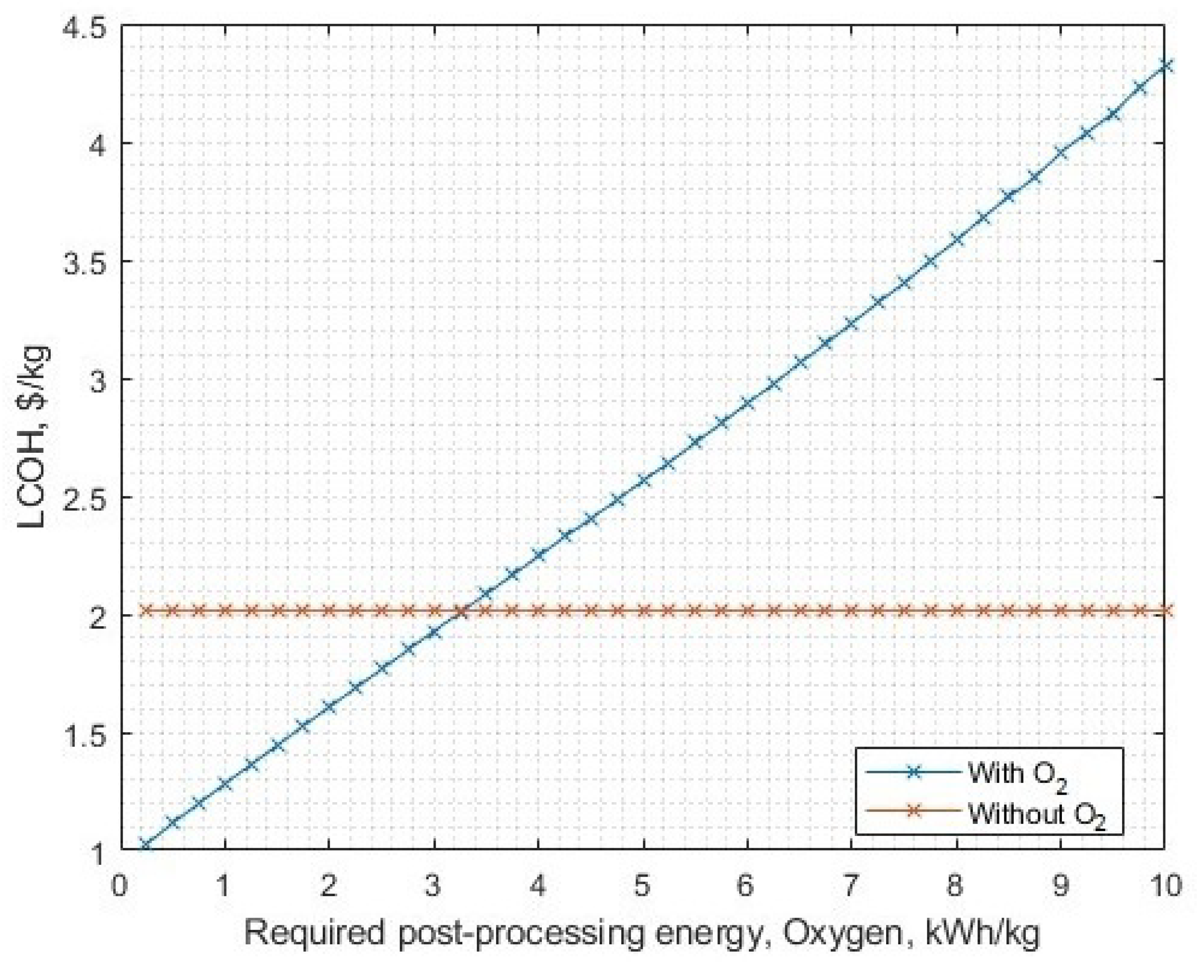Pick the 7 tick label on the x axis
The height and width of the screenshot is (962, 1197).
click(850, 885)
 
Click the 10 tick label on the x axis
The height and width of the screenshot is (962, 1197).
click(1164, 885)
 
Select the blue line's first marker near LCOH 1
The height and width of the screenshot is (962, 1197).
click(145, 845)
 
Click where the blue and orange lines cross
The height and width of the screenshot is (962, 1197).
click(461, 611)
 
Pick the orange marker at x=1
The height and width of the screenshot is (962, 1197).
click(224, 611)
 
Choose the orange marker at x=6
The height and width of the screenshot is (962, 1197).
click(747, 611)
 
